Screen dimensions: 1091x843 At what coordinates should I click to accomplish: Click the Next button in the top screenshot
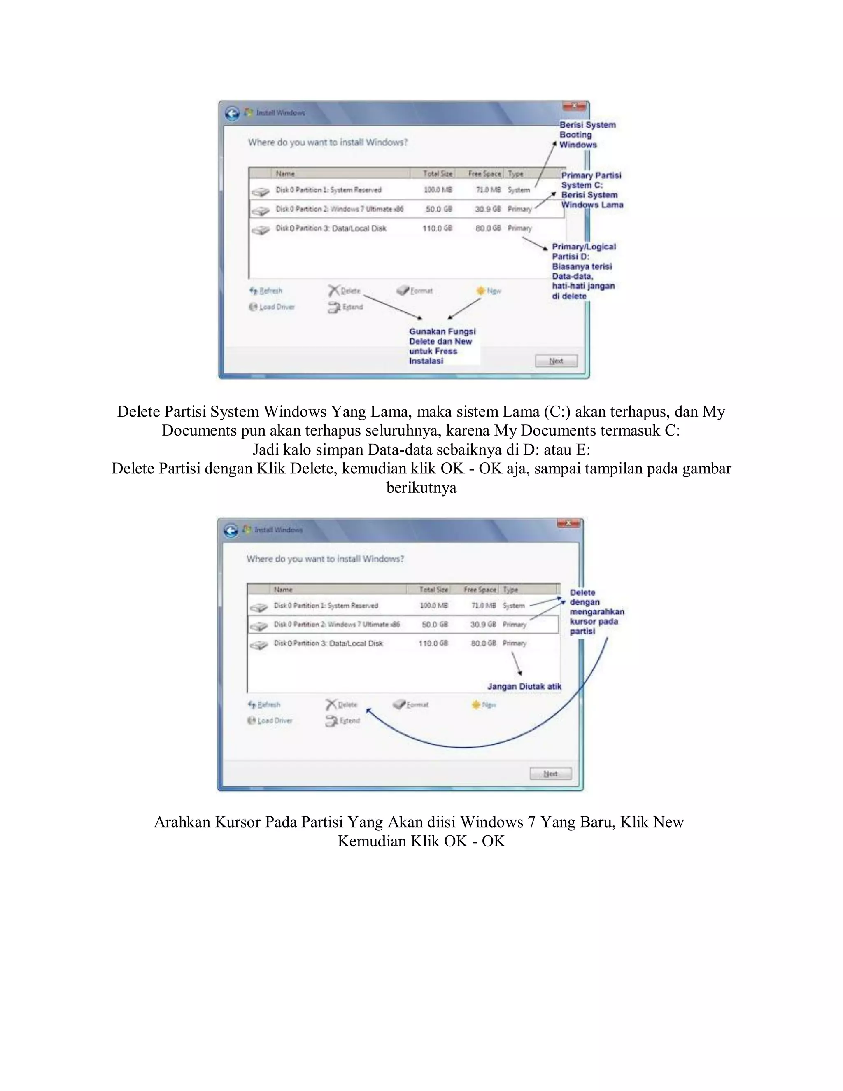tap(556, 361)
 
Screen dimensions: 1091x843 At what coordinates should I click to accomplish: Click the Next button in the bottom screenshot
tap(550, 773)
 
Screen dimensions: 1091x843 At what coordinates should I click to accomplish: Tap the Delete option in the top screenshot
tap(345, 290)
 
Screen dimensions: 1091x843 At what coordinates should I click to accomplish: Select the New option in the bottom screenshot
tap(484, 704)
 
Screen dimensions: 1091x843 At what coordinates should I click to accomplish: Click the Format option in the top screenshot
tap(415, 290)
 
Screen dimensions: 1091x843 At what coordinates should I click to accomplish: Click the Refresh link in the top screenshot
tap(266, 290)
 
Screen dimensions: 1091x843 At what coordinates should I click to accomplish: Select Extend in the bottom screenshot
tap(344, 720)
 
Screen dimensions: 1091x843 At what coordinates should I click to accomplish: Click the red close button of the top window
tap(574, 106)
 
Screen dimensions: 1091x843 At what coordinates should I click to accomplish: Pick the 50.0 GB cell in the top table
tap(438, 209)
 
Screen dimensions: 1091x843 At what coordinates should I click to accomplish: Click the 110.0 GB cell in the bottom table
tap(433, 643)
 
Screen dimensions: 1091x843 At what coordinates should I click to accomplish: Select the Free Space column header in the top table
tap(484, 173)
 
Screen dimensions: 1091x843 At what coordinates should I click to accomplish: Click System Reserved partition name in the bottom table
tap(326, 606)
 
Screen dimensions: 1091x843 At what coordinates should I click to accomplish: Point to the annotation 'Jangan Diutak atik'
tap(524, 686)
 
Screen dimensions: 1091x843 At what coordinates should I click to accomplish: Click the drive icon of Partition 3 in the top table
tap(260, 230)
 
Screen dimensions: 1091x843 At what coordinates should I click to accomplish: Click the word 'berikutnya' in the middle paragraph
tap(421, 487)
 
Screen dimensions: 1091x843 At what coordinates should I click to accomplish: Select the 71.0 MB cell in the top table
tap(488, 190)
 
